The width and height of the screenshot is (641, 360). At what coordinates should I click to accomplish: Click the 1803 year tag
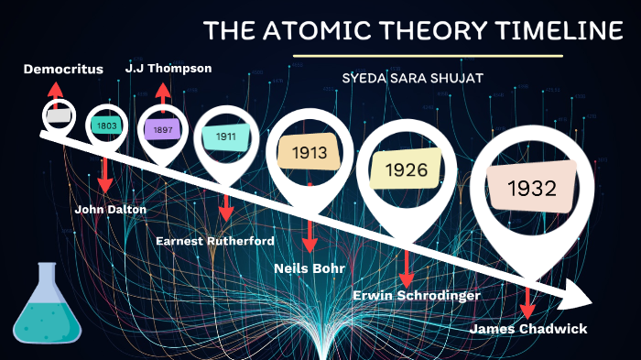[106, 125]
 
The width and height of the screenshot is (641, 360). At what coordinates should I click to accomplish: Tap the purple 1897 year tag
[163, 130]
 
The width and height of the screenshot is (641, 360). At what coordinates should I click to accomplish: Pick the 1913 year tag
[309, 153]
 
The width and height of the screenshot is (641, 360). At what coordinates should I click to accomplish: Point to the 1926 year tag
[405, 169]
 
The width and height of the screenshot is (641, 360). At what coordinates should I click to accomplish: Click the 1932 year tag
[535, 189]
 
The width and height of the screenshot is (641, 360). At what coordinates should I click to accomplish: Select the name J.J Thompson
[168, 68]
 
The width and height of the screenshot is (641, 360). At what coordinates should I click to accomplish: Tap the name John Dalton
[110, 209]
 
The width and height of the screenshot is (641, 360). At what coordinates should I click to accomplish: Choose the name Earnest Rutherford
[215, 241]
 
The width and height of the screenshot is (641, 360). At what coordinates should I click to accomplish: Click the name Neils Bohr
[310, 268]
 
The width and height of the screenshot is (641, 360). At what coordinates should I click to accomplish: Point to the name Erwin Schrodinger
[417, 295]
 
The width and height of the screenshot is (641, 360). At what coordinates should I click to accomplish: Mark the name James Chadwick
[527, 329]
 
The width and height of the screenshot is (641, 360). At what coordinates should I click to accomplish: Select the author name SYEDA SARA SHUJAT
[412, 78]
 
